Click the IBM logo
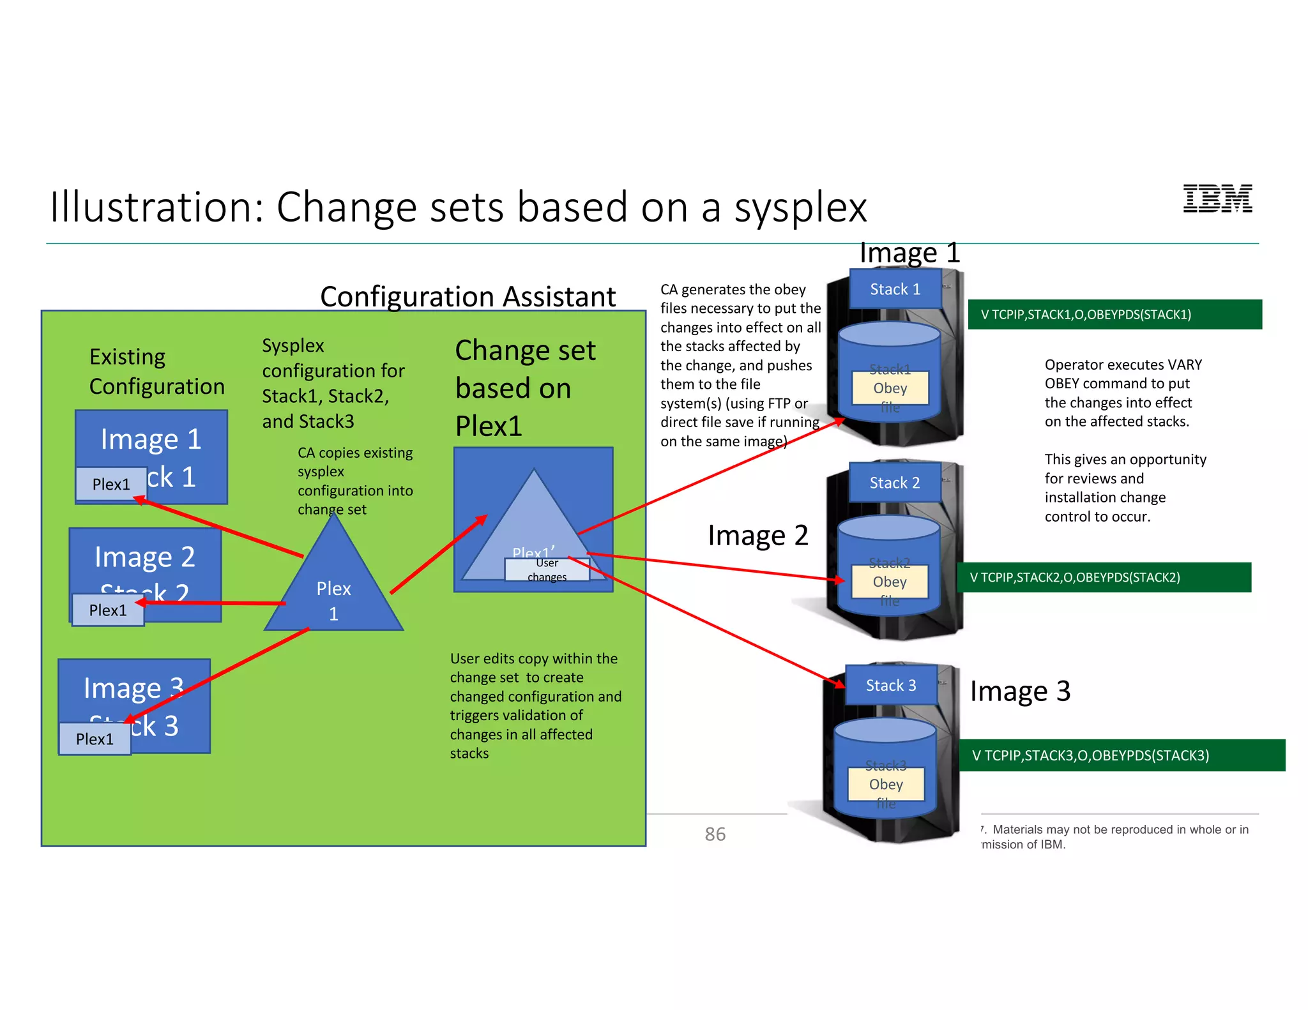(1217, 199)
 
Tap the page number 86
(715, 834)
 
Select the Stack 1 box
(895, 289)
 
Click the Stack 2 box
(894, 483)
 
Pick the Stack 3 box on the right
(890, 685)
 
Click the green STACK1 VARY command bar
(1114, 314)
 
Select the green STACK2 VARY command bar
(1104, 577)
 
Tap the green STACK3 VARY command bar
(1122, 755)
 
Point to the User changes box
(547, 569)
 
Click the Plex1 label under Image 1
(110, 484)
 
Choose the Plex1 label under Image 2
(108, 610)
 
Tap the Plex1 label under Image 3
(95, 739)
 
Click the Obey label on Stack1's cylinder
(890, 388)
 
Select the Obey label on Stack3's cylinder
(886, 784)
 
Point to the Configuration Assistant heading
(468, 297)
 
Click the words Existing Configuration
(156, 372)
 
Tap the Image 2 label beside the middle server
(757, 535)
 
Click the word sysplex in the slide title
(800, 208)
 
